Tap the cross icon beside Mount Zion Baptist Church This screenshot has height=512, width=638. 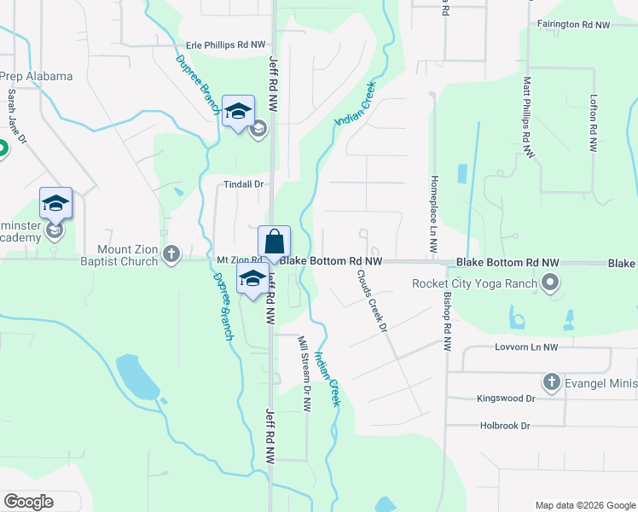171,254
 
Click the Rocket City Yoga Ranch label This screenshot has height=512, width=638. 475,283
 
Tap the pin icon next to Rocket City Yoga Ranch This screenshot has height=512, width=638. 550,282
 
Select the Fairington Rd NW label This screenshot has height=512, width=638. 583,26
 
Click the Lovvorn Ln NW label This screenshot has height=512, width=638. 525,348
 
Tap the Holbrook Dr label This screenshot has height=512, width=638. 504,425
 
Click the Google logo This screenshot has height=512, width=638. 28,502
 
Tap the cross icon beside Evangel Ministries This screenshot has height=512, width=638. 550,381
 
